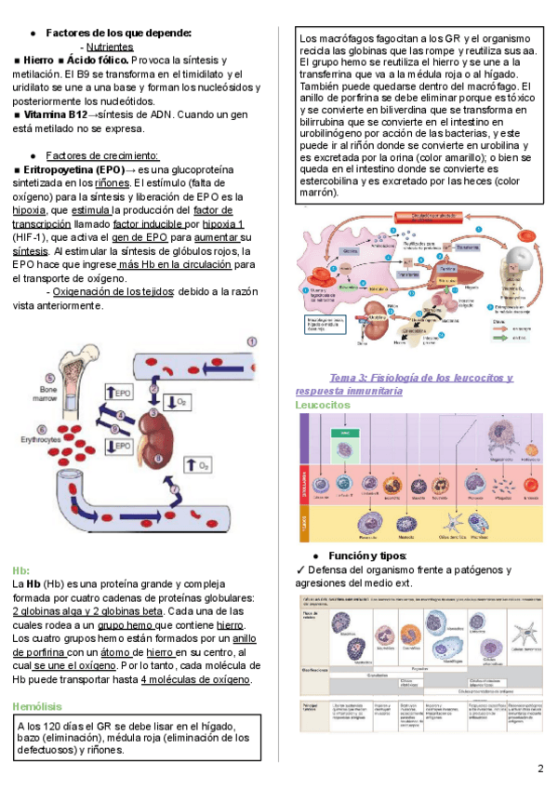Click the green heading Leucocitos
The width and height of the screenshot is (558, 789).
pyautogui.click(x=322, y=406)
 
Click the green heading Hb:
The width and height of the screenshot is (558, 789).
pyautogui.click(x=20, y=569)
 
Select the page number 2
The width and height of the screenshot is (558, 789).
pyautogui.click(x=540, y=769)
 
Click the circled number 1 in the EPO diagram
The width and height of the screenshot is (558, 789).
pyautogui.click(x=251, y=342)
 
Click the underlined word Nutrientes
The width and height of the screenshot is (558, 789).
pyautogui.click(x=109, y=46)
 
